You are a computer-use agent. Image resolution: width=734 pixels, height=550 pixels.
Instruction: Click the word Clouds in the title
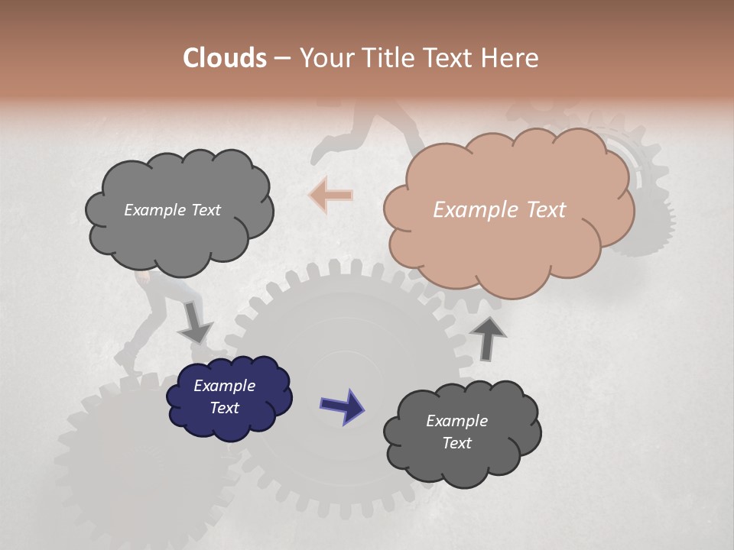tap(225, 58)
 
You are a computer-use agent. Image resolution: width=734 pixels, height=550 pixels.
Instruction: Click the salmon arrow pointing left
tap(331, 195)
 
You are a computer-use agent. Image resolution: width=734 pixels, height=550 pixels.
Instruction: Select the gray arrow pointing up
tap(488, 337)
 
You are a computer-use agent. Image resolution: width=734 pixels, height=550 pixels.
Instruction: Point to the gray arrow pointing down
tap(194, 322)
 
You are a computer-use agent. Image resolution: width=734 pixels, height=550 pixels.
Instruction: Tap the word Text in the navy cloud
tap(225, 408)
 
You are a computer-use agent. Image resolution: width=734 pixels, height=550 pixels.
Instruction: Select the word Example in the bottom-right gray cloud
tap(456, 421)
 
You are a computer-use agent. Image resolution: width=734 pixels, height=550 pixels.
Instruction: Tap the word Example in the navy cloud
tap(225, 386)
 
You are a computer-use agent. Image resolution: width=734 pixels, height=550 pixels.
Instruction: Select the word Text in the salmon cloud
tap(546, 210)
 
